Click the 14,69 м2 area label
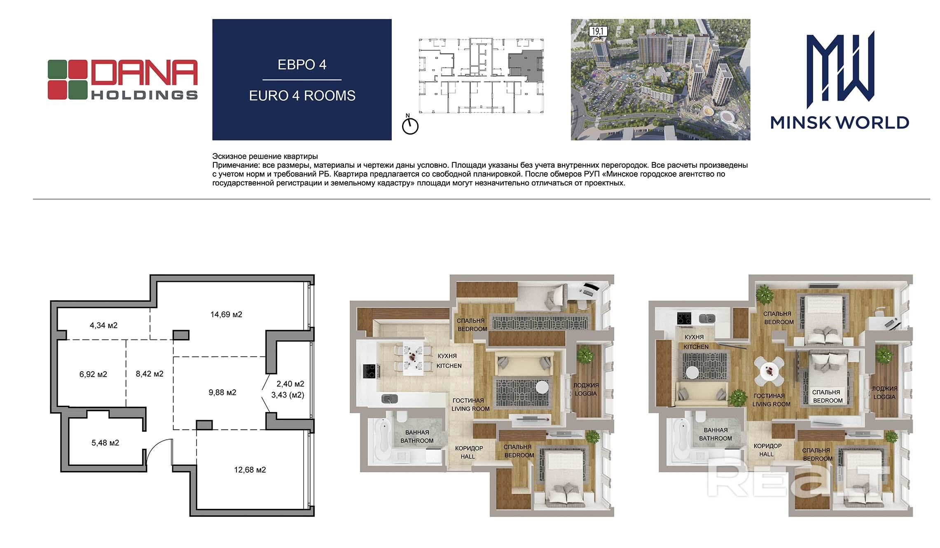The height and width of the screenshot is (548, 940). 226,314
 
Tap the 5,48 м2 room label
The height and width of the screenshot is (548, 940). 105,443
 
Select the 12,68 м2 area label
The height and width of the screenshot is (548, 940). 250,470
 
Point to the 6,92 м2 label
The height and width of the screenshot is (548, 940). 93,374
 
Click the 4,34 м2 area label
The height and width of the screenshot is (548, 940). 103,325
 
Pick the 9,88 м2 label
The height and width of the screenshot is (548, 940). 222,392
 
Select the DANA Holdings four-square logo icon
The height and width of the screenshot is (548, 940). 67,80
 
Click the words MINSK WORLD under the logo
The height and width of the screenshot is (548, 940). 839,122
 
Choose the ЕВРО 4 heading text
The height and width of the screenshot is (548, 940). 302,65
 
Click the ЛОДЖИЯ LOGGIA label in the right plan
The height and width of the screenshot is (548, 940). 884,393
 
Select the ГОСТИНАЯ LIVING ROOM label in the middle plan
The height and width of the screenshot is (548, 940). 470,405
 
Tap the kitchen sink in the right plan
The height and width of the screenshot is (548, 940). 708,318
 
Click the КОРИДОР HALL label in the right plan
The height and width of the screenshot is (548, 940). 767,450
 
